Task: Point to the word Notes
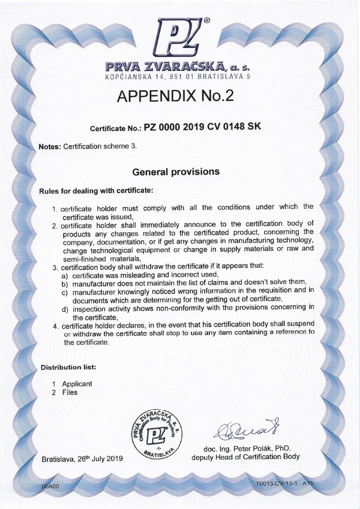49,146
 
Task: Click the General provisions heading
176,172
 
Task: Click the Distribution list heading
68,367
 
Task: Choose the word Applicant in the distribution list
77,384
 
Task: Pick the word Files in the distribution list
70,392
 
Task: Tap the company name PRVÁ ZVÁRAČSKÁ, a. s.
178,67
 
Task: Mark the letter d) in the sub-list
65,309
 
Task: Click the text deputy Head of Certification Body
245,457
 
